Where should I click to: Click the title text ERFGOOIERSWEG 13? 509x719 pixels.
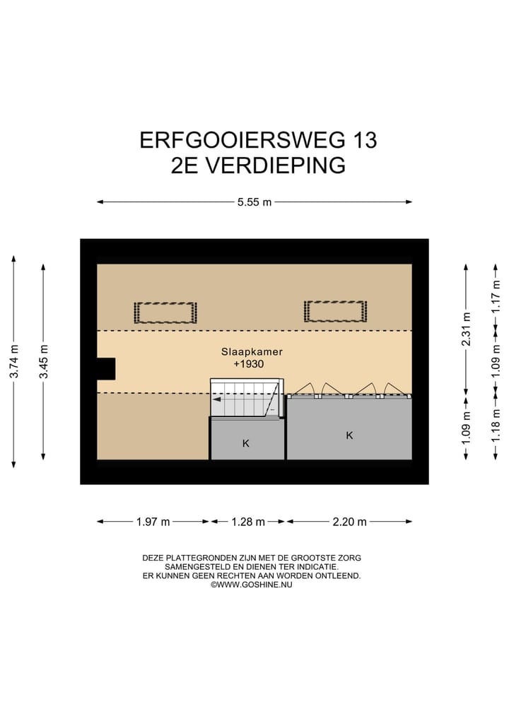coord(258,139)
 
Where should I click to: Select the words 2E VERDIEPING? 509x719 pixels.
coord(258,165)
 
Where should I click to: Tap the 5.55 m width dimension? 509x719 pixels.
coord(255,202)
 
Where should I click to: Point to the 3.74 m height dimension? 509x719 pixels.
coord(14,362)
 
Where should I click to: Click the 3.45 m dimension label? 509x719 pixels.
coord(44,362)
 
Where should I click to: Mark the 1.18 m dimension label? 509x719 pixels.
coord(496,426)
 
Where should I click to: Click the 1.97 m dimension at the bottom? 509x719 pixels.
coord(153,522)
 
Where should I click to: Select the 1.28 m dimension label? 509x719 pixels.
coord(248,522)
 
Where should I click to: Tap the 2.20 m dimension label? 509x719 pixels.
coord(350,522)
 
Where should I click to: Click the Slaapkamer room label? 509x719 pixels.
coord(246,351)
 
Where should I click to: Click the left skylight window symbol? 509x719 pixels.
coord(165,312)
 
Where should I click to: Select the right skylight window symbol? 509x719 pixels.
coord(335,310)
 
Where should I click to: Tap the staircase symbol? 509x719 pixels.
coord(246,399)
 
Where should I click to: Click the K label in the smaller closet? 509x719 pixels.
coord(246,443)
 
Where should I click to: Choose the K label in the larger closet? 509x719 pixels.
coord(349,436)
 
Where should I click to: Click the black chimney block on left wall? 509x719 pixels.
coord(105,368)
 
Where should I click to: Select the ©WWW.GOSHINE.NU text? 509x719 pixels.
coord(252,585)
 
